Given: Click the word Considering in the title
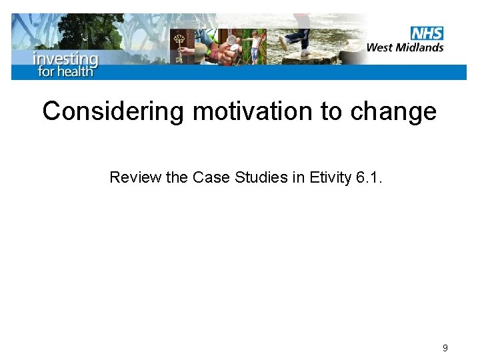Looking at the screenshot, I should pos(113,111).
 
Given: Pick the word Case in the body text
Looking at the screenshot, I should pos(207,177).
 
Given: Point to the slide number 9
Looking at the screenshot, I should pos(445,348).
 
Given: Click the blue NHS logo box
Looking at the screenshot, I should pos(427,33).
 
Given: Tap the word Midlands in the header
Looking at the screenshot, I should pos(421,47).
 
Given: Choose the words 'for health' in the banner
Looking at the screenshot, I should pos(65,71).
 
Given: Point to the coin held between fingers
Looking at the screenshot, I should pos(231,41).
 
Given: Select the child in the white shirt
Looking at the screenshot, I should pos(255,45).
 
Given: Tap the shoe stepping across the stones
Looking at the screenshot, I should pos(306,52).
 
